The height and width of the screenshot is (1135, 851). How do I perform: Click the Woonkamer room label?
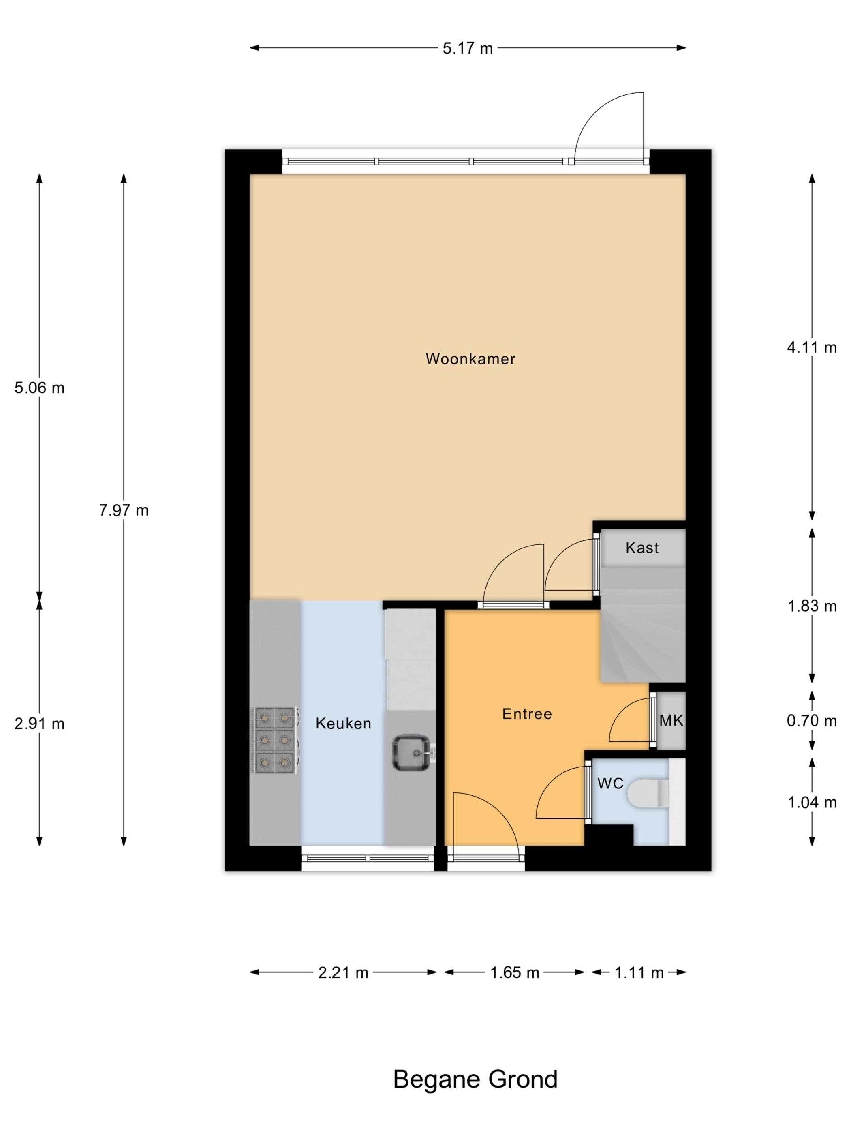[x=470, y=359]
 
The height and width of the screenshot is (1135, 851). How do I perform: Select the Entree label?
[x=527, y=714]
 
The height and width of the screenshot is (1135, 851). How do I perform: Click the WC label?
[x=610, y=784]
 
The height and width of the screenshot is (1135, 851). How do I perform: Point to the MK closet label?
[x=671, y=720]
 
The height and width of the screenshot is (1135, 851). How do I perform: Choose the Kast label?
[x=642, y=548]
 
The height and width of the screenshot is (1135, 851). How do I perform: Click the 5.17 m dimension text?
[x=467, y=48]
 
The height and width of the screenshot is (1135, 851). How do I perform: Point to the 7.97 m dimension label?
[x=124, y=510]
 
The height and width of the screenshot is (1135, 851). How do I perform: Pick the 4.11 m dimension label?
[x=812, y=347]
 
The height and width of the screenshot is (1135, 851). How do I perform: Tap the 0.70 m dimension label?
[x=812, y=721]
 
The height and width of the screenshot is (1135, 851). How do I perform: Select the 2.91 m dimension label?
[x=39, y=724]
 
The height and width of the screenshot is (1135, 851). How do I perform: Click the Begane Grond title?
[x=475, y=1079]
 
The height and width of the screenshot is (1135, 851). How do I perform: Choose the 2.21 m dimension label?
[x=343, y=972]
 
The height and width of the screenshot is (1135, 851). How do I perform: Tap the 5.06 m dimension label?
[x=39, y=388]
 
